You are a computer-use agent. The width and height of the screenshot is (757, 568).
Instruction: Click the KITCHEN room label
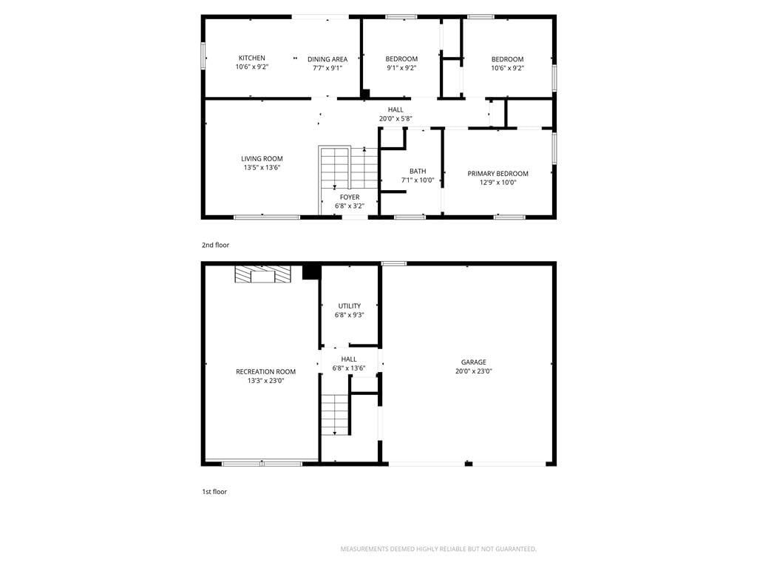(x=251, y=58)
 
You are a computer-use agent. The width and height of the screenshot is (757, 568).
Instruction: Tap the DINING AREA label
(x=327, y=59)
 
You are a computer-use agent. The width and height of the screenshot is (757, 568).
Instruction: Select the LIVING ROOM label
(x=262, y=158)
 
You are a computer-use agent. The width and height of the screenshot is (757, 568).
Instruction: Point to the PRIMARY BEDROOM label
(x=498, y=173)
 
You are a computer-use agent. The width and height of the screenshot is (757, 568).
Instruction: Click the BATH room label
(x=418, y=171)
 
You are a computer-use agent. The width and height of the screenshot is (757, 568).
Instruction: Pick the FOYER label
(x=350, y=197)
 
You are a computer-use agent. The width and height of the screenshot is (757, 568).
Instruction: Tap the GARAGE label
(x=474, y=362)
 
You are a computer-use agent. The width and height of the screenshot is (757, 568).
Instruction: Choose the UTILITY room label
(x=350, y=305)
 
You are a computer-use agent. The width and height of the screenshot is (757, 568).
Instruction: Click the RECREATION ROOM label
(x=265, y=371)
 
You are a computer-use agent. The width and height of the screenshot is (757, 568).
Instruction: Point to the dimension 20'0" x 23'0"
(x=474, y=371)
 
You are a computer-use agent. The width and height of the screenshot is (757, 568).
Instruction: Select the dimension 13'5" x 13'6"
(x=262, y=168)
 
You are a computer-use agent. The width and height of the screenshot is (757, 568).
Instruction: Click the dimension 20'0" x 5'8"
(x=396, y=118)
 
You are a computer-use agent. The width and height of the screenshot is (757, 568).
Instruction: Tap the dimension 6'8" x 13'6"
(x=349, y=368)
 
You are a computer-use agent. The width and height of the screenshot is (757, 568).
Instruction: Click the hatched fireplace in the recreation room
(x=263, y=274)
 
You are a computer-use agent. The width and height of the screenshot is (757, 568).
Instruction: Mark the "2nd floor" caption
(x=215, y=245)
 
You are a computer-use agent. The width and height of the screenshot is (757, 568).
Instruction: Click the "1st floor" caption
(x=214, y=492)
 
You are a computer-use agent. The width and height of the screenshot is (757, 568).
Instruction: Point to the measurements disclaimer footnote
(x=438, y=549)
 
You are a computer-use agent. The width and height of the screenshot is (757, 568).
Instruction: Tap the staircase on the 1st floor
(x=335, y=414)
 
